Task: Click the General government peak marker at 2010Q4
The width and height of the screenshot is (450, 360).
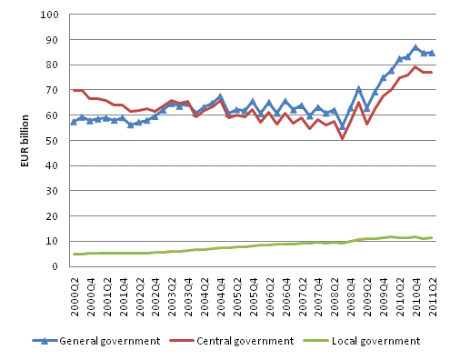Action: pos(415,47)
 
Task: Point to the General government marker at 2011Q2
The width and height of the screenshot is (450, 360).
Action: pos(432,53)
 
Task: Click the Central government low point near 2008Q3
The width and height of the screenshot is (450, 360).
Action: pos(343,138)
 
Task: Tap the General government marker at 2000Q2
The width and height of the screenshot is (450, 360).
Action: pos(75,121)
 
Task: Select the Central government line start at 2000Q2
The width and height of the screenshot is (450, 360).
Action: pos(75,90)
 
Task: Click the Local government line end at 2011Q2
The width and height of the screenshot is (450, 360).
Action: pos(432,237)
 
